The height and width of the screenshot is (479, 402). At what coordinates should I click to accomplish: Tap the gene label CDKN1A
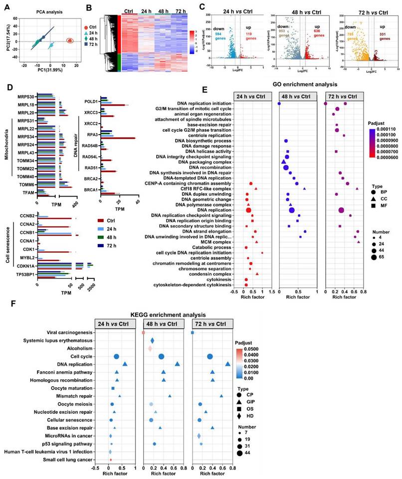25,266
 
